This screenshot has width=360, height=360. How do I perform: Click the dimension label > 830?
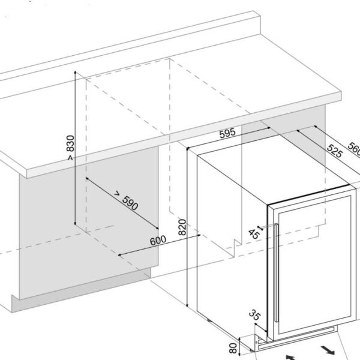point(70,149)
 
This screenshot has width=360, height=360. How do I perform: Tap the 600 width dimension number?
point(158,239)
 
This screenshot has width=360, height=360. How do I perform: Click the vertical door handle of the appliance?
point(275,270)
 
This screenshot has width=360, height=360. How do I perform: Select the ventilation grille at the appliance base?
point(300,339)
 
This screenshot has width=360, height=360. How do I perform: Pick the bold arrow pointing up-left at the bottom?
point(290,356)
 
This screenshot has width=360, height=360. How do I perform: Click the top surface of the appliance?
point(270,174)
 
